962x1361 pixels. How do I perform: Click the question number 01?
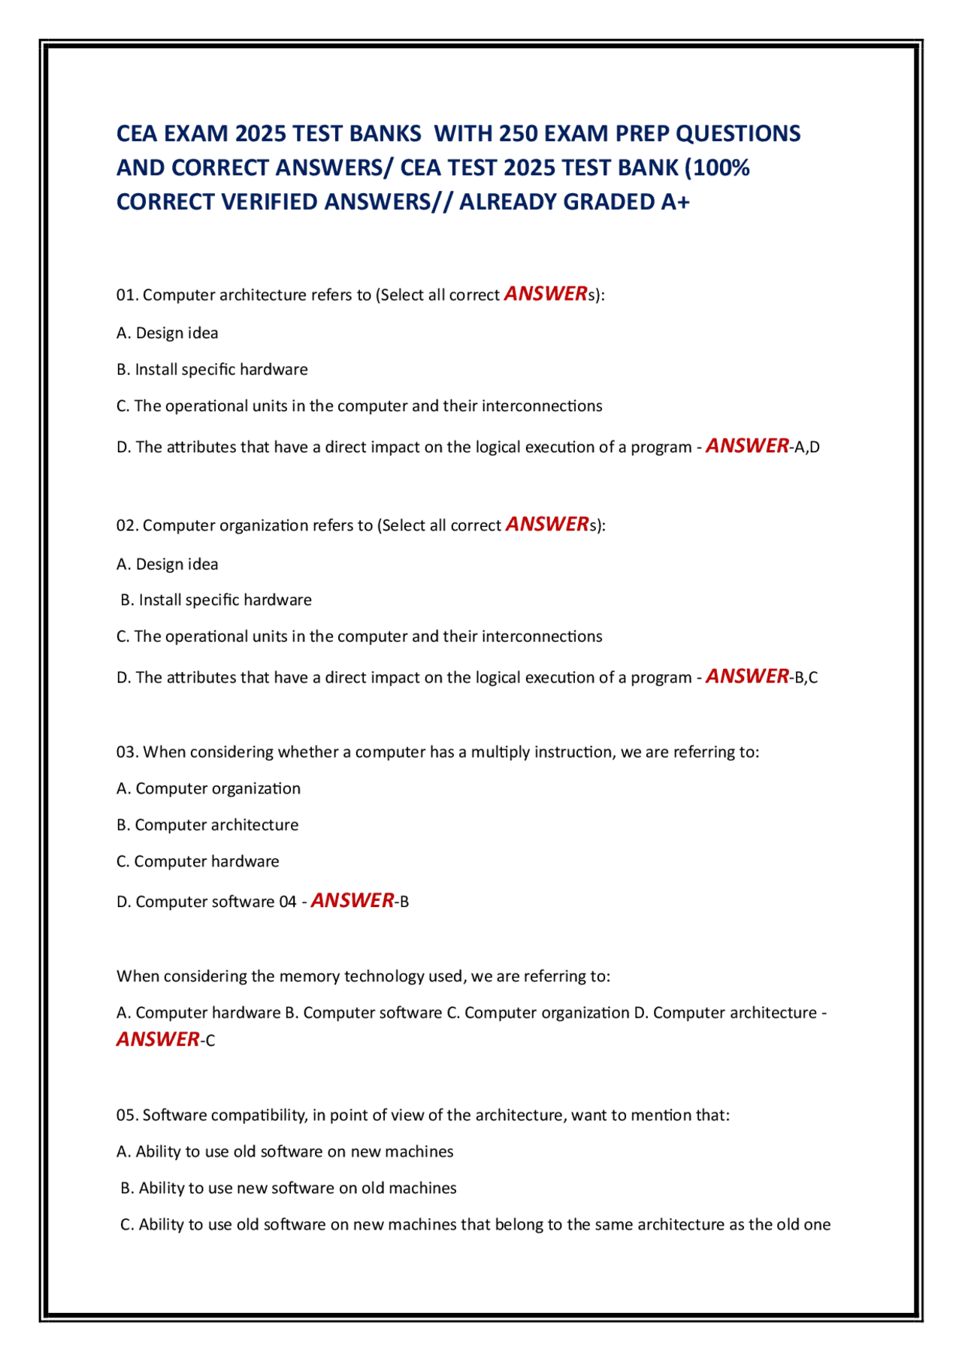pos(126,295)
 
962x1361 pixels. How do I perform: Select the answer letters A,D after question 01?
pos(806,448)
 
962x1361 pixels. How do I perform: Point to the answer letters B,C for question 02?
pos(806,678)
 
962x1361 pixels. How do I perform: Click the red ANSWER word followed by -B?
pos(352,900)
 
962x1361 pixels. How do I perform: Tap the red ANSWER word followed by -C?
pos(158,1039)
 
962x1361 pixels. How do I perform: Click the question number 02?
pos(126,526)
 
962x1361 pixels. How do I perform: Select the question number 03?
pos(126,752)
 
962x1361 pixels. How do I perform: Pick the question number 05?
pos(126,1115)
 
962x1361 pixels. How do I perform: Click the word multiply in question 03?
pos(500,752)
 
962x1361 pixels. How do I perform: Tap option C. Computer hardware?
pos(198,862)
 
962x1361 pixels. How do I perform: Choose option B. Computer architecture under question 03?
pos(207,825)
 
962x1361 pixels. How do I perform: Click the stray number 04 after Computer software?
pos(288,902)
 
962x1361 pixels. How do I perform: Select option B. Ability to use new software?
pos(289,1188)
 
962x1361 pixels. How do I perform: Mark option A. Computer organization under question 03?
pos(208,789)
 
